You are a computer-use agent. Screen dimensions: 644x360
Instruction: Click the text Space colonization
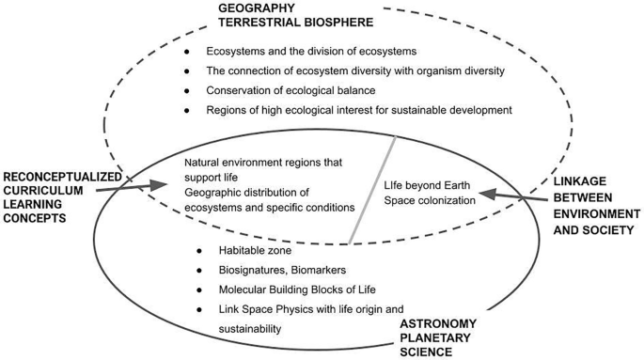(424, 199)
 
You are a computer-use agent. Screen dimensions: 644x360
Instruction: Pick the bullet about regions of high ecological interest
(358, 110)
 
